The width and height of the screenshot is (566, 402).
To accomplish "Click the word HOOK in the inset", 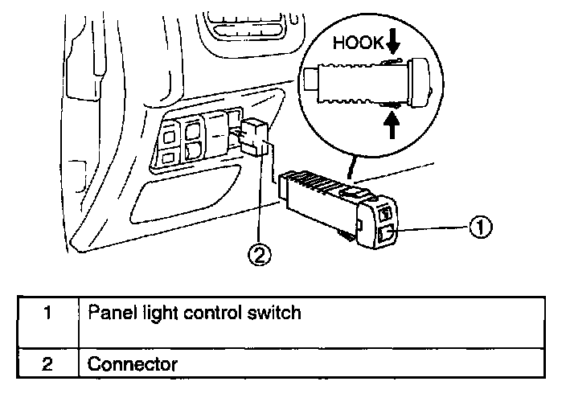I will coord(356,45).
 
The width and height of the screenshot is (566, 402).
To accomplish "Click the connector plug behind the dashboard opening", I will coord(255,137).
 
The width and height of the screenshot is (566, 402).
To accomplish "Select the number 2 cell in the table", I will coord(47,364).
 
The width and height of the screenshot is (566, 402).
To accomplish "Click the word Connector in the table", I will coord(132,364).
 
